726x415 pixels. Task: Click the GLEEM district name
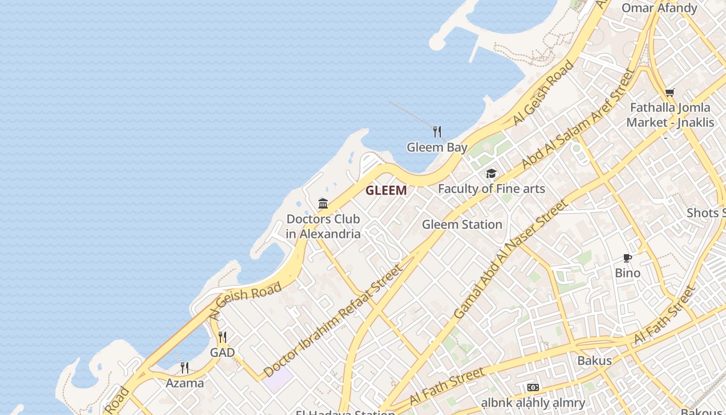pyautogui.click(x=386, y=190)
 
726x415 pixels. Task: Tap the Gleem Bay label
pyautogui.click(x=437, y=147)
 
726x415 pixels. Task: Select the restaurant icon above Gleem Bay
pyautogui.click(x=437, y=132)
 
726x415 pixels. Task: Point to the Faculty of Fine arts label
pyautogui.click(x=491, y=189)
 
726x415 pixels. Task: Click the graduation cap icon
pyautogui.click(x=491, y=174)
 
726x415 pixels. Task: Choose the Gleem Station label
pyautogui.click(x=462, y=225)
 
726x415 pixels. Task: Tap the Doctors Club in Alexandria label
pyautogui.click(x=323, y=226)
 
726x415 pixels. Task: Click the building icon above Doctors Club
pyautogui.click(x=323, y=203)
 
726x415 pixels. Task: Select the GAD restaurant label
pyautogui.click(x=222, y=353)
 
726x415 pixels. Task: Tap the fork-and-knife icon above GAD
pyautogui.click(x=222, y=337)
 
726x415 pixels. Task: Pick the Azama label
pyautogui.click(x=185, y=383)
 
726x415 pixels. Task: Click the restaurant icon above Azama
pyautogui.click(x=185, y=368)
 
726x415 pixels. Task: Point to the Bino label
pyautogui.click(x=627, y=273)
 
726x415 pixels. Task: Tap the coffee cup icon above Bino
pyautogui.click(x=627, y=258)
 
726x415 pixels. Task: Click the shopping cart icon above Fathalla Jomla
pyautogui.click(x=669, y=93)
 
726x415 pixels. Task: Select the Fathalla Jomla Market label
pyautogui.click(x=669, y=115)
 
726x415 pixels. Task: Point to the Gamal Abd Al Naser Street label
pyautogui.click(x=510, y=259)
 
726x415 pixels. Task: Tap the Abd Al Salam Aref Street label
pyautogui.click(x=578, y=119)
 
